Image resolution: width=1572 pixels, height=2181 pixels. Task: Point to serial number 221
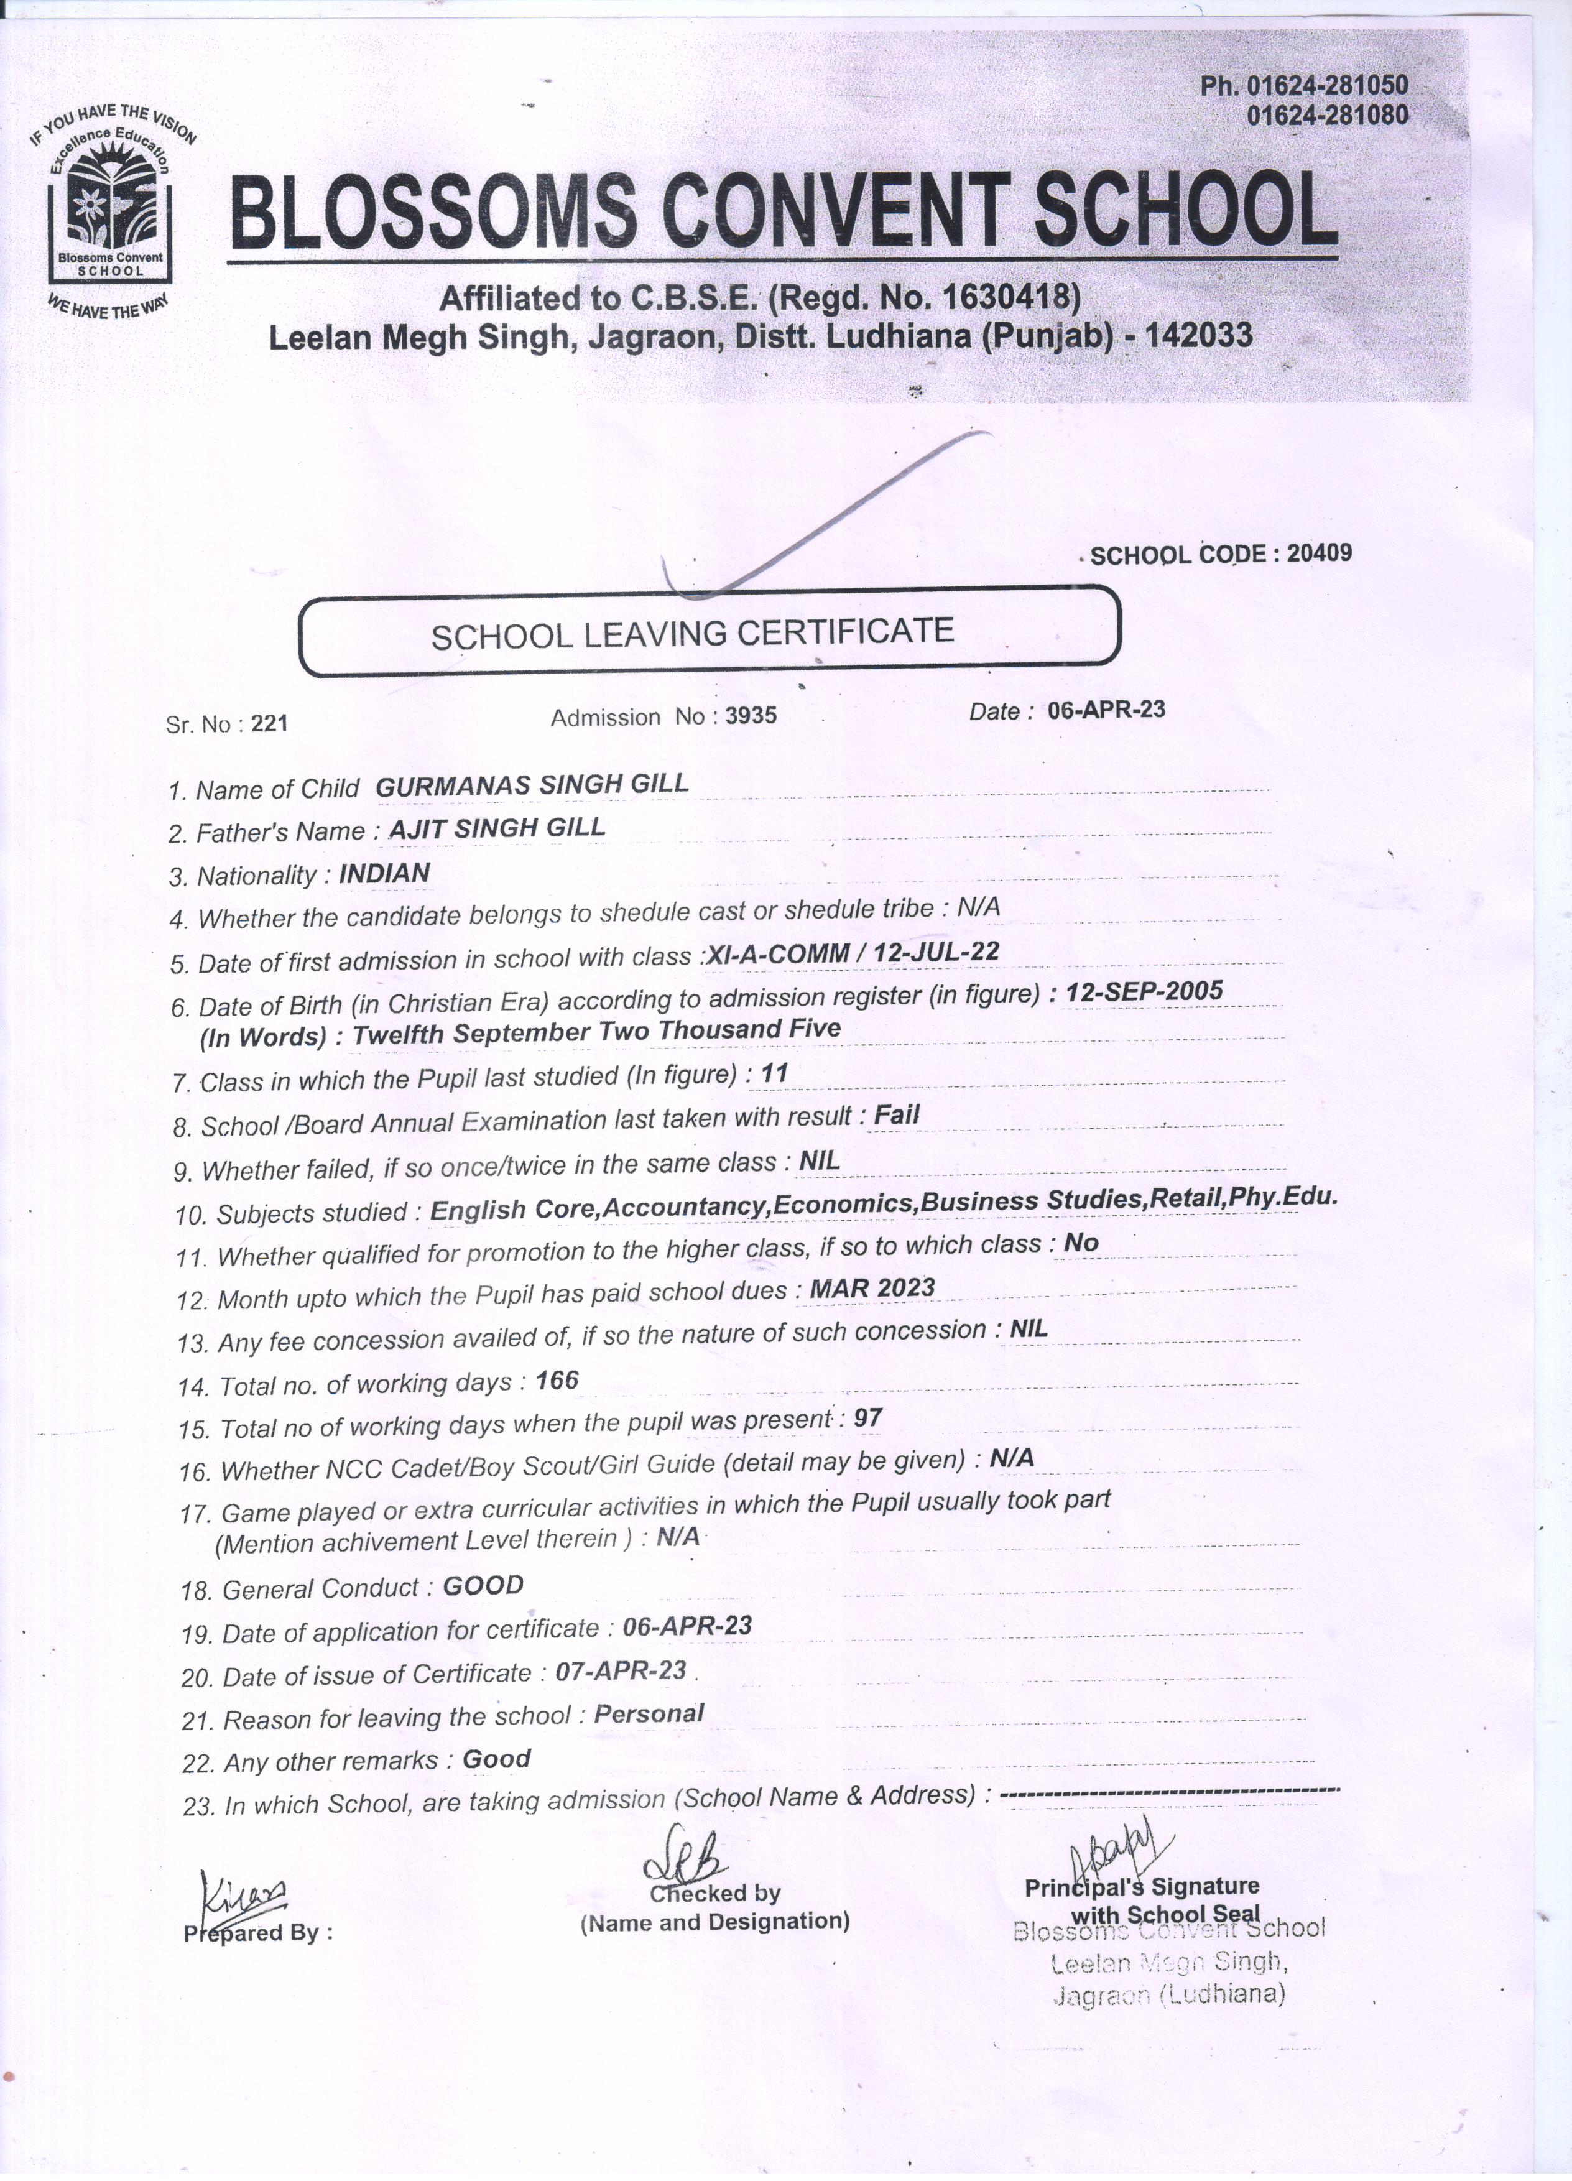coord(269,724)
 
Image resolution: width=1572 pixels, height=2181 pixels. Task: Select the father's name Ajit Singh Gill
coord(496,828)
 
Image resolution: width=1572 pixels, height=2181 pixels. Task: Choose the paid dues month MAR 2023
coord(872,1287)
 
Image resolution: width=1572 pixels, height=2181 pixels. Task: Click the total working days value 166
coord(558,1381)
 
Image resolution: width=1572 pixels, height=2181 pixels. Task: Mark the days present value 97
coord(867,1417)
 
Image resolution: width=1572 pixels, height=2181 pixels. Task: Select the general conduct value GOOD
coord(483,1586)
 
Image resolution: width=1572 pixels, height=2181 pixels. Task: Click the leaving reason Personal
coord(649,1714)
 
